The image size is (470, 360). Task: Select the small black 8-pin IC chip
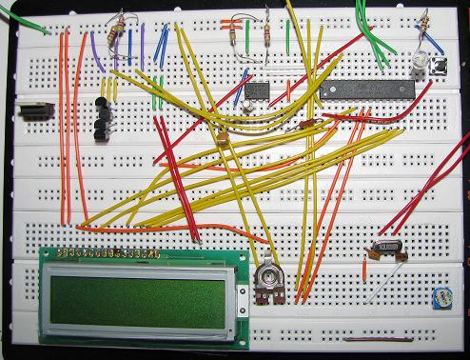257,91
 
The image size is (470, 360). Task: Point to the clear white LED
418,68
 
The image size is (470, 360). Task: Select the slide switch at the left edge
35,112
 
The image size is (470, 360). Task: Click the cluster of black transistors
103,119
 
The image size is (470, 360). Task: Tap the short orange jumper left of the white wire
366,268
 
